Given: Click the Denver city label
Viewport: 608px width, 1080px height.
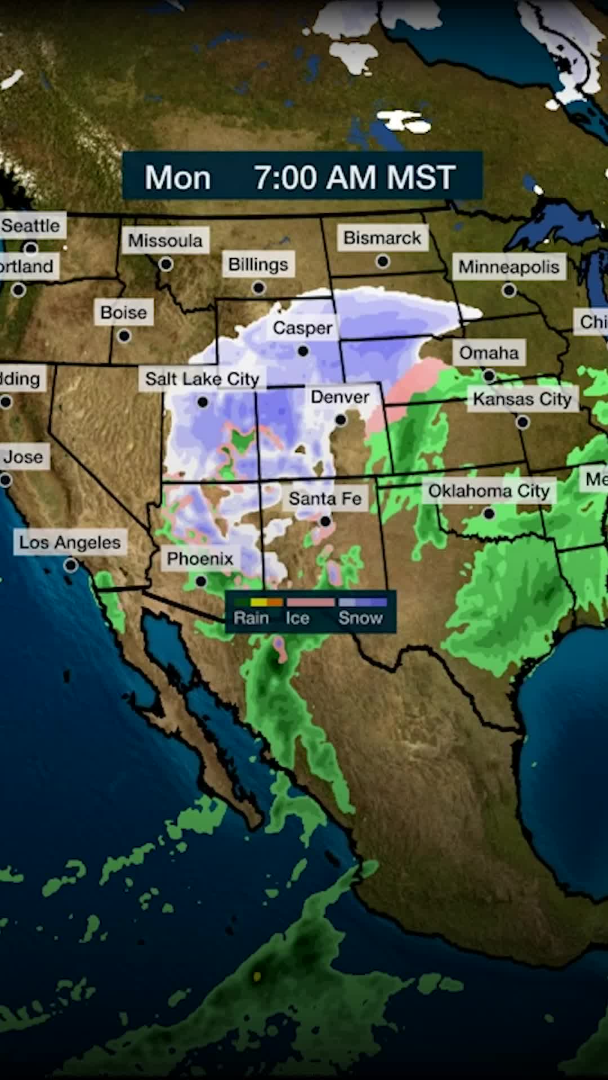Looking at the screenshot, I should (x=340, y=397).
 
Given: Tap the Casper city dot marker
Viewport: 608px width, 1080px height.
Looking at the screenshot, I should (x=303, y=352).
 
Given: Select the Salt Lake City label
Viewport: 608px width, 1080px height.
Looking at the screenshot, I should (x=202, y=379).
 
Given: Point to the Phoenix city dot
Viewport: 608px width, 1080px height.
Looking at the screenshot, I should (x=201, y=580).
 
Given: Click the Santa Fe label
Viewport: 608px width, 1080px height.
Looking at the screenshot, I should (x=325, y=499).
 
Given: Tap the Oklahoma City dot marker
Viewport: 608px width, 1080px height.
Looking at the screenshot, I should (x=489, y=514).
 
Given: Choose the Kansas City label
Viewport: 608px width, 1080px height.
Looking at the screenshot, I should (x=522, y=399).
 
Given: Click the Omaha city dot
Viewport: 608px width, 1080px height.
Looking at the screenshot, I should (x=489, y=375).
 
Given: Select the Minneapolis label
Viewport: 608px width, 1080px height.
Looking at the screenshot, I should (x=508, y=267).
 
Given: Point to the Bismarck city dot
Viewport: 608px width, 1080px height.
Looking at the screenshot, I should (x=383, y=262).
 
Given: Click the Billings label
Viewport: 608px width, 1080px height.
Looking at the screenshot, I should (x=258, y=264).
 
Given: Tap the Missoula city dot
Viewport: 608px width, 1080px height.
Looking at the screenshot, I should (x=166, y=264).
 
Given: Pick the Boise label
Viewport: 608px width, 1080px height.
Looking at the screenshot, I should (x=123, y=313).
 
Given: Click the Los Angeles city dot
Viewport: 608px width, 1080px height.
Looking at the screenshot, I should (x=71, y=565).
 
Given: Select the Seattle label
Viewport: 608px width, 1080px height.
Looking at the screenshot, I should (x=31, y=226).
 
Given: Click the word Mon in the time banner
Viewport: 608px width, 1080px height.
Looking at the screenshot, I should (x=177, y=178).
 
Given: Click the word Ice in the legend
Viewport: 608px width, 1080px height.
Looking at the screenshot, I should (x=297, y=618).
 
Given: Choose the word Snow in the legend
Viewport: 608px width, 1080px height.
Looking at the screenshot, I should (x=360, y=618).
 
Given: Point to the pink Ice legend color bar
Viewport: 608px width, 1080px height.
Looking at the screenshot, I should (x=311, y=602).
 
